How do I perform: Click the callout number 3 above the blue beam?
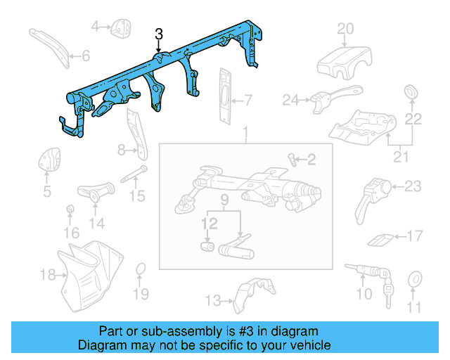[x=159, y=34]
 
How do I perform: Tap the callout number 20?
[x=345, y=29]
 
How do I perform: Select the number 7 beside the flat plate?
[x=248, y=99]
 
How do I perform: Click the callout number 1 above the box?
[x=245, y=133]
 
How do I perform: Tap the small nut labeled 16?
[x=70, y=210]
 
